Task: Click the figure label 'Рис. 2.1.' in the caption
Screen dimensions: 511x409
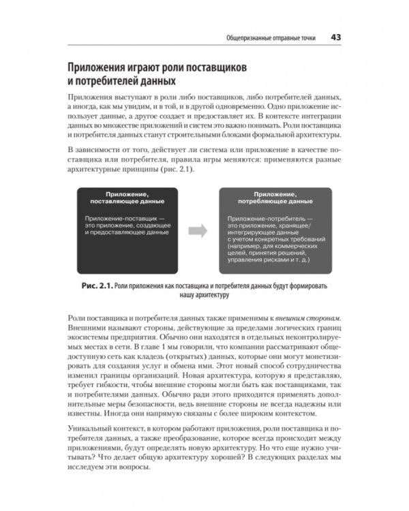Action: pyautogui.click(x=94, y=286)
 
